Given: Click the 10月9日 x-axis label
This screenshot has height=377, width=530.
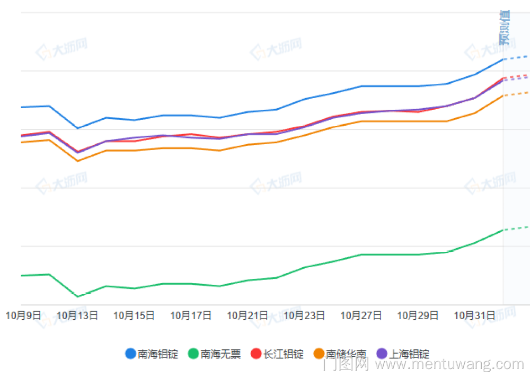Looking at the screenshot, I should click(23, 315).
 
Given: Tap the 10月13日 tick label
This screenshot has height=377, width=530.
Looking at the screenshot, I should click(77, 315).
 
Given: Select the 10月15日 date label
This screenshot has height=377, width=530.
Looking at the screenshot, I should click(134, 315).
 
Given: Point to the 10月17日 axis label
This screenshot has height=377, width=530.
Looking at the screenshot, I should click(191, 315).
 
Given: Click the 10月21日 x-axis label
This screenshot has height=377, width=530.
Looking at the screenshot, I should click(248, 315).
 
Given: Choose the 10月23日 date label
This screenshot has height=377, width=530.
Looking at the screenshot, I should click(304, 315).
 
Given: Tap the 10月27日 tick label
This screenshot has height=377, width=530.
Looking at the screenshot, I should click(361, 315).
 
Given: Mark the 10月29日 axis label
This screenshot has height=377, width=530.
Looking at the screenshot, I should click(418, 315).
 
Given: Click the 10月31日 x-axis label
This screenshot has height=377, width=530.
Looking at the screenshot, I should click(474, 315).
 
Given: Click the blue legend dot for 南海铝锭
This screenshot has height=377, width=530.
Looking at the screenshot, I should click(130, 354).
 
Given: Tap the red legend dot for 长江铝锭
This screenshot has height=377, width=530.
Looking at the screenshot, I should click(256, 354).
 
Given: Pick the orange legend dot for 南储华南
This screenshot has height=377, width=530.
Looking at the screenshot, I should click(319, 354).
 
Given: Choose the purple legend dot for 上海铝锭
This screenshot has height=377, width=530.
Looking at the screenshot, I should click(382, 354).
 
